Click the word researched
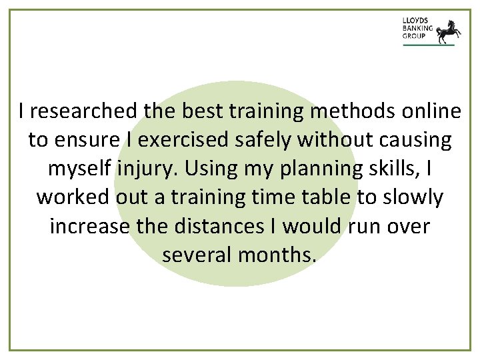[86, 112]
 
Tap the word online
[423, 112]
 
